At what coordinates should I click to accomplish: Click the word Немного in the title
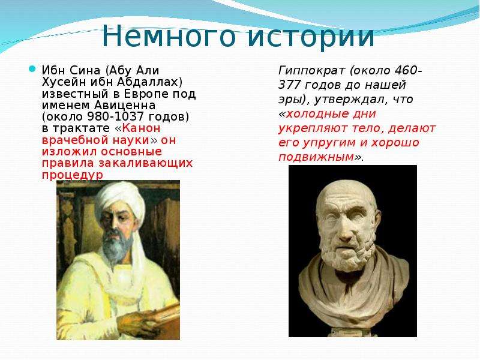pos(169,35)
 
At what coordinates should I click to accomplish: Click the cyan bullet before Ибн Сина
pos(32,69)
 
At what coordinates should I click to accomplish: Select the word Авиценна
pos(125,106)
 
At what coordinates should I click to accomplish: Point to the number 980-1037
pos(116,116)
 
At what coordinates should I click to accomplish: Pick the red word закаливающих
pos(145,163)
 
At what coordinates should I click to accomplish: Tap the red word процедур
pos(72,175)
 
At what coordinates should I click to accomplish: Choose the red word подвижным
pos(316,157)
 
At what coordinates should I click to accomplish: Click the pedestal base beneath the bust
pos(352,332)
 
